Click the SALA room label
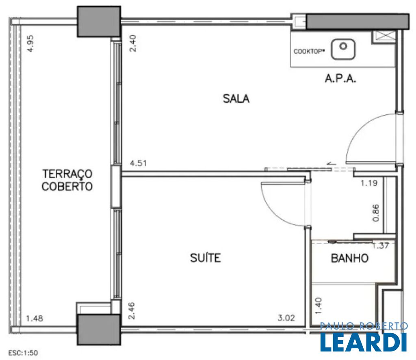click(236, 99)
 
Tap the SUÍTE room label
click(205, 258)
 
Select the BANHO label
click(350, 258)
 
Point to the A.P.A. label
click(340, 78)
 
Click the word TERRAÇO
click(67, 174)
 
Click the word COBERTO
click(67, 186)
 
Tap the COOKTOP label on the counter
click(309, 52)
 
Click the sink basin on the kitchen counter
click(343, 49)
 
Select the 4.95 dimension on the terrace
click(31, 43)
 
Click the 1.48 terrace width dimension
click(35, 318)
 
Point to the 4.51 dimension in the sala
click(138, 163)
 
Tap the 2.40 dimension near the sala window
click(133, 43)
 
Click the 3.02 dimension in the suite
click(286, 317)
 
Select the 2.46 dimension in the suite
click(132, 311)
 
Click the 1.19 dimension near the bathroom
click(369, 183)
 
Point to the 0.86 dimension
click(376, 213)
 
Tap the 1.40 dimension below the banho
click(318, 306)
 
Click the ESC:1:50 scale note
click(23, 353)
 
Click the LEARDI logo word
click(364, 342)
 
